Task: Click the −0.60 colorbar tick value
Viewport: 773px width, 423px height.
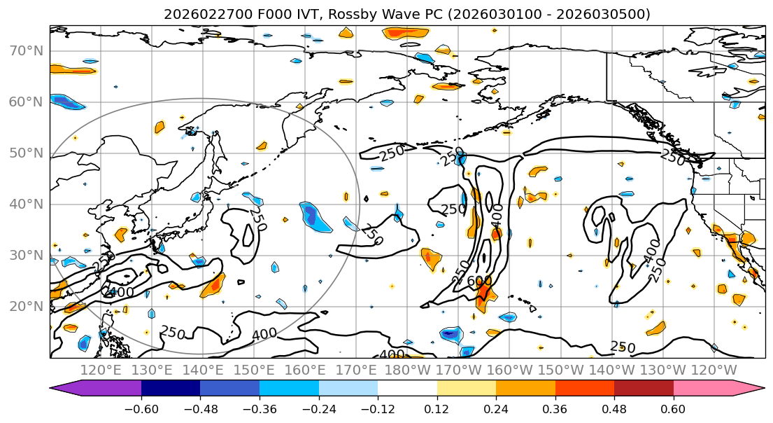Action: pos(141,408)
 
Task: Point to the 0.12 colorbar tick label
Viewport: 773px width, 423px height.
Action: pos(437,408)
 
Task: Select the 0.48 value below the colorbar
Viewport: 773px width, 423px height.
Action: pos(614,408)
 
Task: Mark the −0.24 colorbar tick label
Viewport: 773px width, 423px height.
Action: pos(318,408)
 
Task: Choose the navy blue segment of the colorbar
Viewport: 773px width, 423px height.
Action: pos(171,389)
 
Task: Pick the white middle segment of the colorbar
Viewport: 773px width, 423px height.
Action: pos(407,389)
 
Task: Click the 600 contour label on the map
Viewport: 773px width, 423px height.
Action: pos(479,281)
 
